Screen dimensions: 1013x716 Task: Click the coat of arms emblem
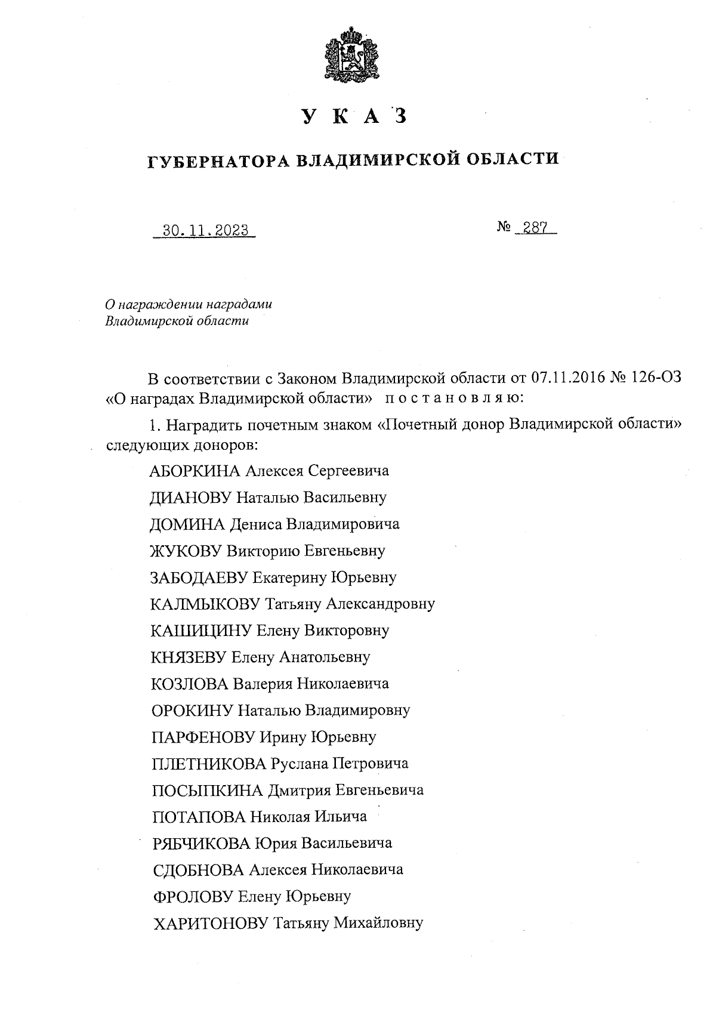pos(352,55)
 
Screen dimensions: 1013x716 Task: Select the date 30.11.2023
pos(205,230)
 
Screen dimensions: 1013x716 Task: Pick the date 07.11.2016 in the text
pos(566,378)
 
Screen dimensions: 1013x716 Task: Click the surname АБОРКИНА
pos(195,471)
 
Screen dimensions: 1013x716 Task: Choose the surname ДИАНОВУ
pos(191,497)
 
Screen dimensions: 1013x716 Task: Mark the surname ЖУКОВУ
pos(187,551)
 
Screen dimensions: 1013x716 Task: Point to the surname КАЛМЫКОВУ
pos(205,604)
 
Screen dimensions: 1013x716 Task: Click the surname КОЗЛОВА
pos(190,684)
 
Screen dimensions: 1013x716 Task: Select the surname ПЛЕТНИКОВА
pos(209,764)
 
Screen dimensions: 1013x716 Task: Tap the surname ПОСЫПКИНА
pos(208,790)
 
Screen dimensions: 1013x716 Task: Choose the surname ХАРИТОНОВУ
pos(211,923)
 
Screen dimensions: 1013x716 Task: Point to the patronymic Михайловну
pos(378,923)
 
